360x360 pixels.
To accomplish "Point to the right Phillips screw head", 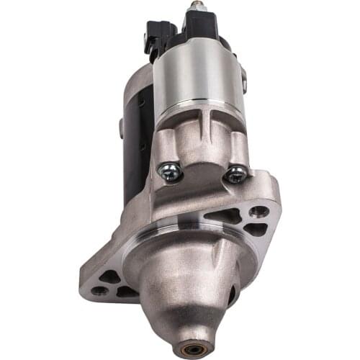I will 237,174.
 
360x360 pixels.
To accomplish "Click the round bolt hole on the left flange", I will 100,291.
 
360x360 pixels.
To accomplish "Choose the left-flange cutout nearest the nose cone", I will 127,292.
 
